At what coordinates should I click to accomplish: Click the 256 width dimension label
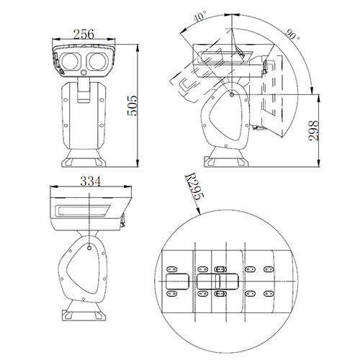[84, 33]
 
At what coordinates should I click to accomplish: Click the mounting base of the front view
[85, 159]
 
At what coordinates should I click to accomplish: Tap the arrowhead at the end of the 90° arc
[311, 91]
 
